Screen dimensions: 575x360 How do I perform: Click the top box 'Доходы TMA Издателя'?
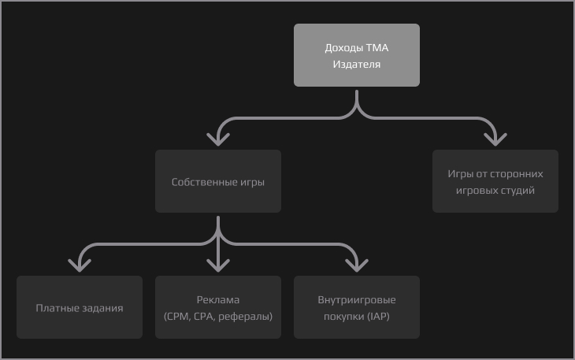point(357,55)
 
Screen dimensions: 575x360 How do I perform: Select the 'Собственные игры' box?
point(218,181)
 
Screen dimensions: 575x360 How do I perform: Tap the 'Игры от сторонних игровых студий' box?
point(495,181)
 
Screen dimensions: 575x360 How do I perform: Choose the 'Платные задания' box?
point(80,307)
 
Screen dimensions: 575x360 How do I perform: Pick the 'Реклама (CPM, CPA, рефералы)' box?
point(218,307)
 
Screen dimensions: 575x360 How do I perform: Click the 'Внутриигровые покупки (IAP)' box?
point(357,307)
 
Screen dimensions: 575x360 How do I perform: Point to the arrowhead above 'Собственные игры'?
point(218,139)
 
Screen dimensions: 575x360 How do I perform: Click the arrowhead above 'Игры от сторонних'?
point(495,139)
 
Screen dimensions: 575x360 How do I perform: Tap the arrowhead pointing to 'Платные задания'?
point(80,265)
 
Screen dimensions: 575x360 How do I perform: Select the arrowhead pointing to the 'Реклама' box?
point(218,265)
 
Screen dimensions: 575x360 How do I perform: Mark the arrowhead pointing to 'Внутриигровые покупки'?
point(357,265)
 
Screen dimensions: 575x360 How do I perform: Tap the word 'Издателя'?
point(357,65)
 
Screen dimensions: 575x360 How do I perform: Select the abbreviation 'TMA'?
point(377,47)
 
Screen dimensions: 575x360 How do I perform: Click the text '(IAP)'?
point(378,317)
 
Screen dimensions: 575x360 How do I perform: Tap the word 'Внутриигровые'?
point(357,300)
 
